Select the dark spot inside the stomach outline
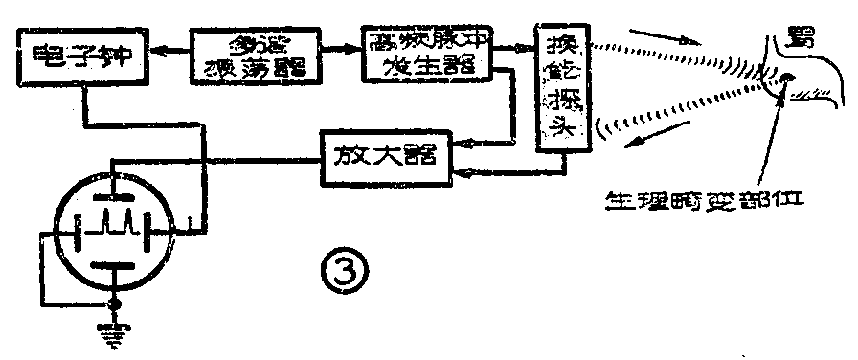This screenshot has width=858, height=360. pyautogui.click(x=786, y=79)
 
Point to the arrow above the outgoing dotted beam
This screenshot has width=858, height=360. pyautogui.click(x=681, y=39)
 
